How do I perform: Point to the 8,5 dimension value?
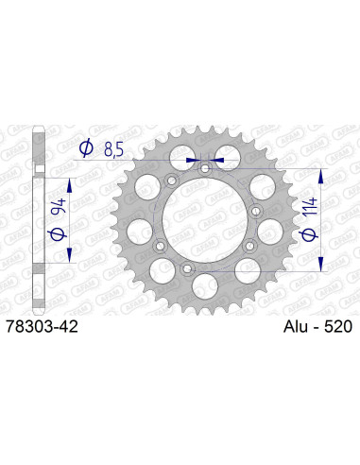114,147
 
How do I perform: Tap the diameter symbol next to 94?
58,231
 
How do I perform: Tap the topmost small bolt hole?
204,167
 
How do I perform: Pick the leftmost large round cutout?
138,229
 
